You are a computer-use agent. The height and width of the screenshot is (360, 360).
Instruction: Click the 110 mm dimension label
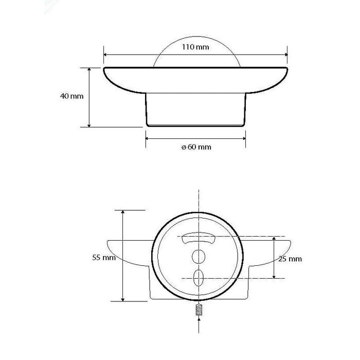[x=195, y=47]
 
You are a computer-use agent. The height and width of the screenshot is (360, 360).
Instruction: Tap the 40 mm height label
[x=71, y=96]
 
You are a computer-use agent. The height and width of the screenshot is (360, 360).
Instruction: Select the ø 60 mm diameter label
[x=196, y=147]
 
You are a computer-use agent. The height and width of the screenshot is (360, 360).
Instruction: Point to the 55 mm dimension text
[x=104, y=257]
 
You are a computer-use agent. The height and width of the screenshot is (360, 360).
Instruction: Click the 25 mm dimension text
[x=290, y=259]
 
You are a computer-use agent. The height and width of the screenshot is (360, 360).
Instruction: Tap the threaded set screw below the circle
[x=199, y=310]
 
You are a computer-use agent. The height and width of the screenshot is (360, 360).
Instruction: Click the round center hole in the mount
[x=199, y=257]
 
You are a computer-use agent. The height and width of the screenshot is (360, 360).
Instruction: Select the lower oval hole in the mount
[x=199, y=278]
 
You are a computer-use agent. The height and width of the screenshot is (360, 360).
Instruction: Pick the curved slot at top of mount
[x=199, y=238]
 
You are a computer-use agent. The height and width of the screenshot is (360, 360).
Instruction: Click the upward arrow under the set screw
[x=199, y=325]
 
